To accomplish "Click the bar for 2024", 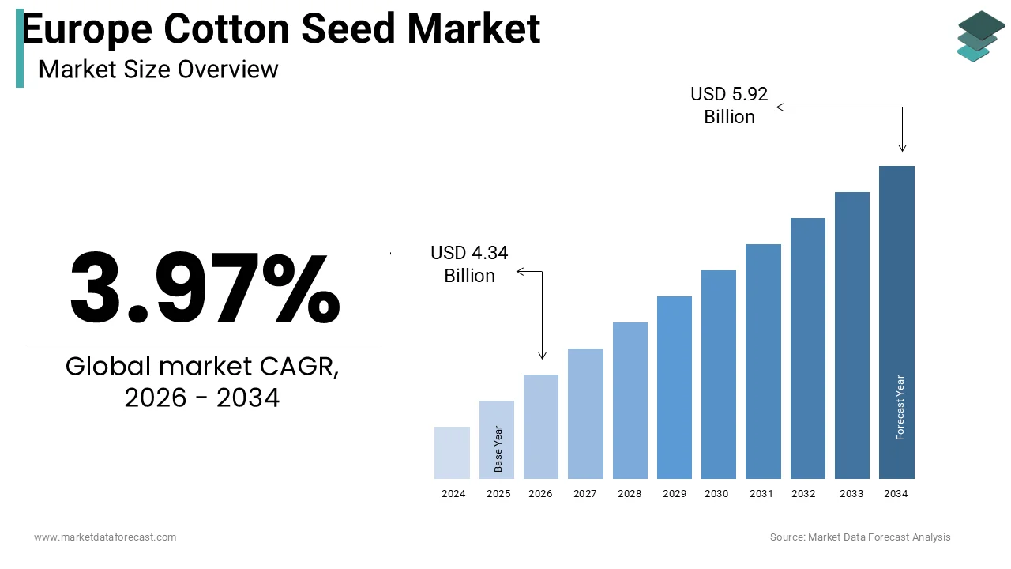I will coord(452,453).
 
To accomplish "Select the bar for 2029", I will coord(674,387).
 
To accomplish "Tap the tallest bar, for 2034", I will coord(896,322).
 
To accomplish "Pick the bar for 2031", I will coord(763,361).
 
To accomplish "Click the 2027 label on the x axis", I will coord(584,494).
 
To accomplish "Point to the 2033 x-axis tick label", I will coord(851,494).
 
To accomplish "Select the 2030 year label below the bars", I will coord(716,494).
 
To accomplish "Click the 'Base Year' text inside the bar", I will coord(498,449).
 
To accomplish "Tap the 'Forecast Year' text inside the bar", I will coord(900,407).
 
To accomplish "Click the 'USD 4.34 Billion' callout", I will coord(469,264).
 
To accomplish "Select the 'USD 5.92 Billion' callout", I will coord(729,105).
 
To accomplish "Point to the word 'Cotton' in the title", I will coord(228,29).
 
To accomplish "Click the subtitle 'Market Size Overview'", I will coord(158,70).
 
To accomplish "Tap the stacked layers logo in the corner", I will coord(980,36).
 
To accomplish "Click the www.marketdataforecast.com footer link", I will coord(105,537).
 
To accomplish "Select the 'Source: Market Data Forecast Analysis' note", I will coord(860,537).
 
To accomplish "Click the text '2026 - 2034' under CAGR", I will coord(202,398).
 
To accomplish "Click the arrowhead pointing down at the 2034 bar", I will coord(902,148).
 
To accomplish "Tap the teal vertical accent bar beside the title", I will coord(19,49).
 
